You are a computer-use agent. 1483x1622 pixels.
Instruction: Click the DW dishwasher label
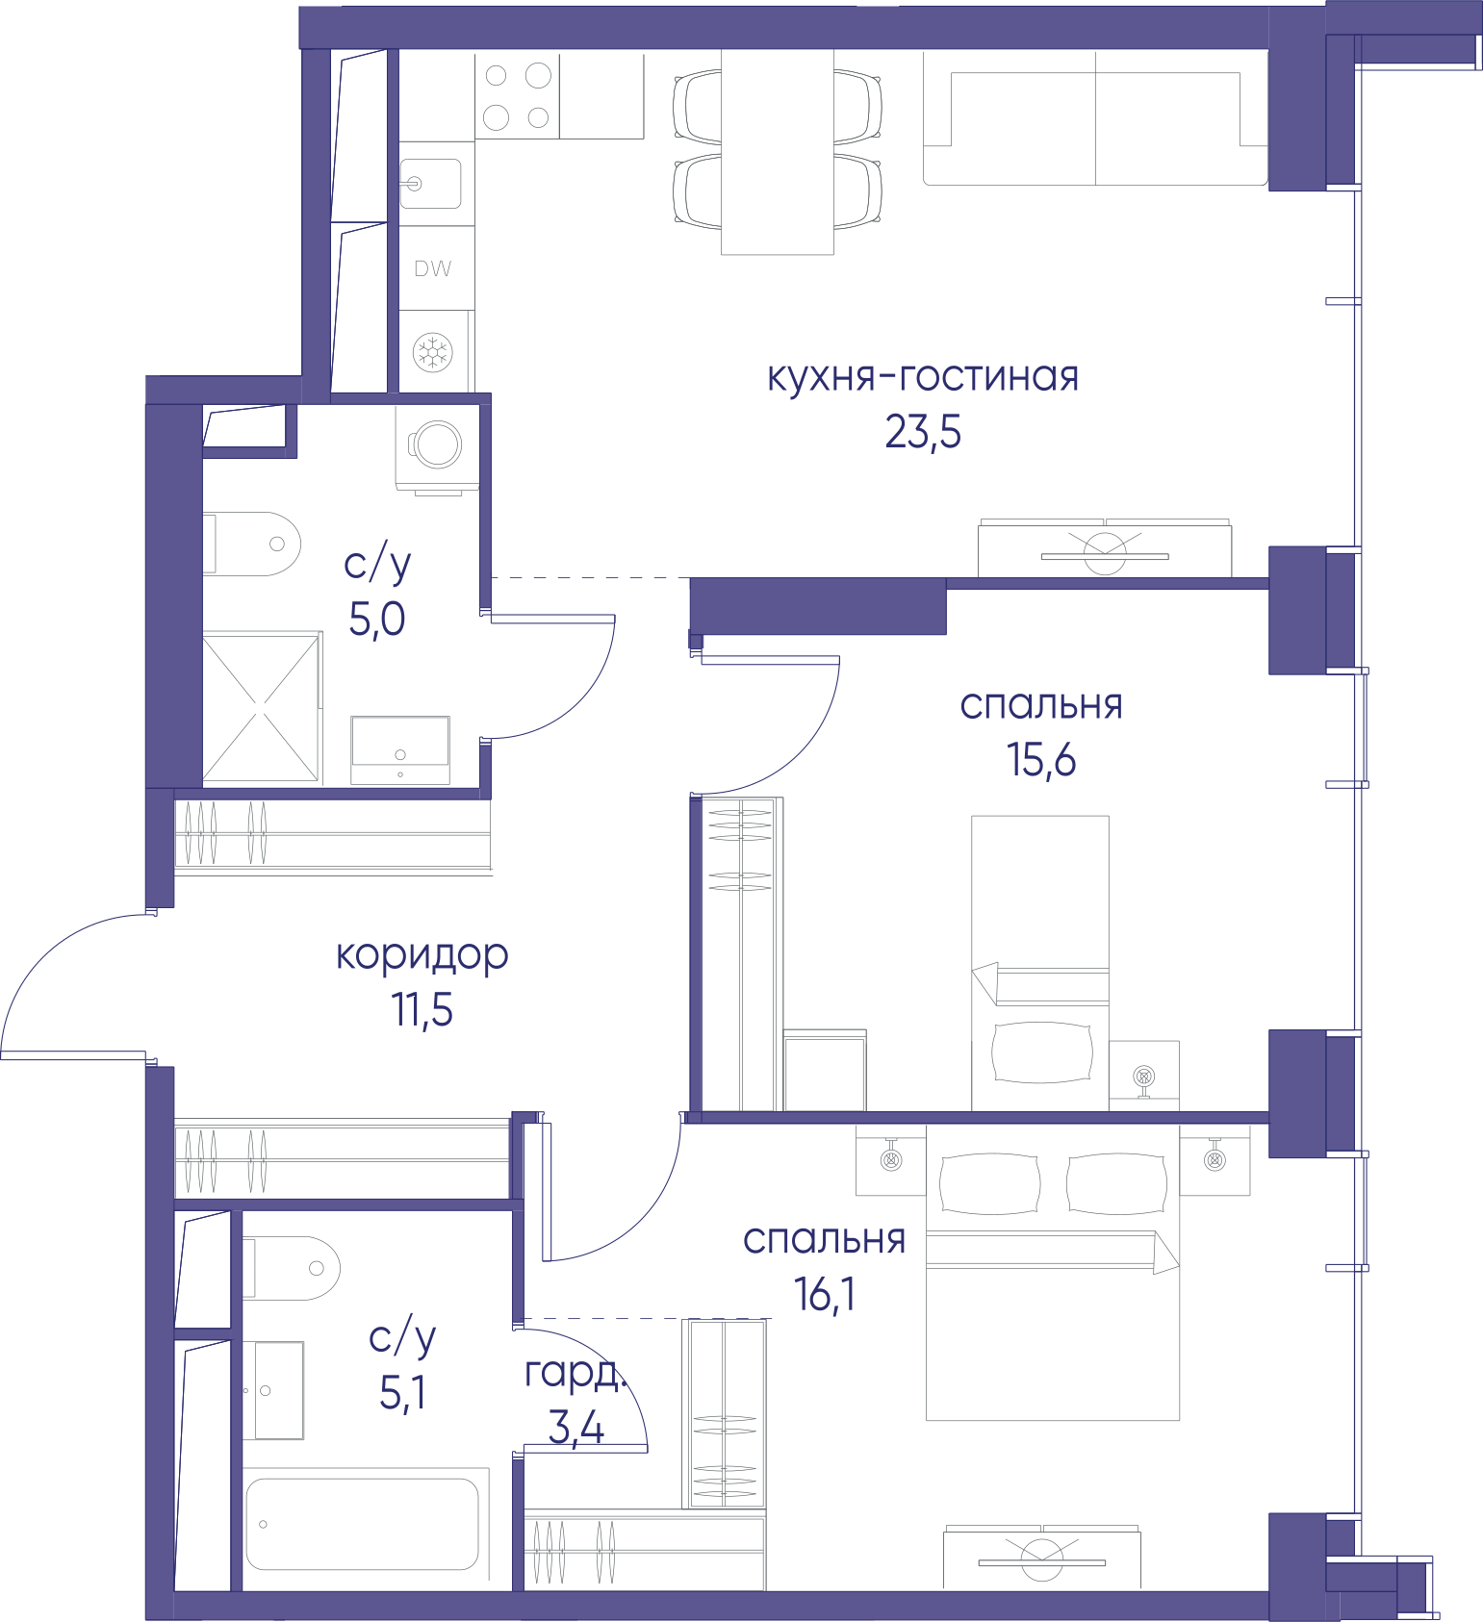(433, 269)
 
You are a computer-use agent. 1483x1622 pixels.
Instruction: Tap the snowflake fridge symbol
(433, 352)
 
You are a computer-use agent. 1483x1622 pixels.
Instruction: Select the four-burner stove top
(517, 96)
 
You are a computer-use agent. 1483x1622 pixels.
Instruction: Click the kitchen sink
(430, 184)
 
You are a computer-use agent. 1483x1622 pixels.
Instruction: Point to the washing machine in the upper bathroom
(437, 447)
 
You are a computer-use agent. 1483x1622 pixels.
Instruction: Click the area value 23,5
(923, 433)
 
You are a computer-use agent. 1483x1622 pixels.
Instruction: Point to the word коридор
(422, 955)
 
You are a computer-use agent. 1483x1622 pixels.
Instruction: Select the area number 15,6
(1041, 760)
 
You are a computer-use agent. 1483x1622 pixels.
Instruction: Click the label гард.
(576, 1374)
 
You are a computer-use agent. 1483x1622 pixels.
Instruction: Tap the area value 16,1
(825, 1295)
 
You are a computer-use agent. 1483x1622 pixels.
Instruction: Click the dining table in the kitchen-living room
(778, 152)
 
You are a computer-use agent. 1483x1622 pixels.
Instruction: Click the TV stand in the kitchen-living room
(1105, 548)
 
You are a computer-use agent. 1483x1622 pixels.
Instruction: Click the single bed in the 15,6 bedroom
(1040, 963)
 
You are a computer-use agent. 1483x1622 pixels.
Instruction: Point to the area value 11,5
(422, 1010)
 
